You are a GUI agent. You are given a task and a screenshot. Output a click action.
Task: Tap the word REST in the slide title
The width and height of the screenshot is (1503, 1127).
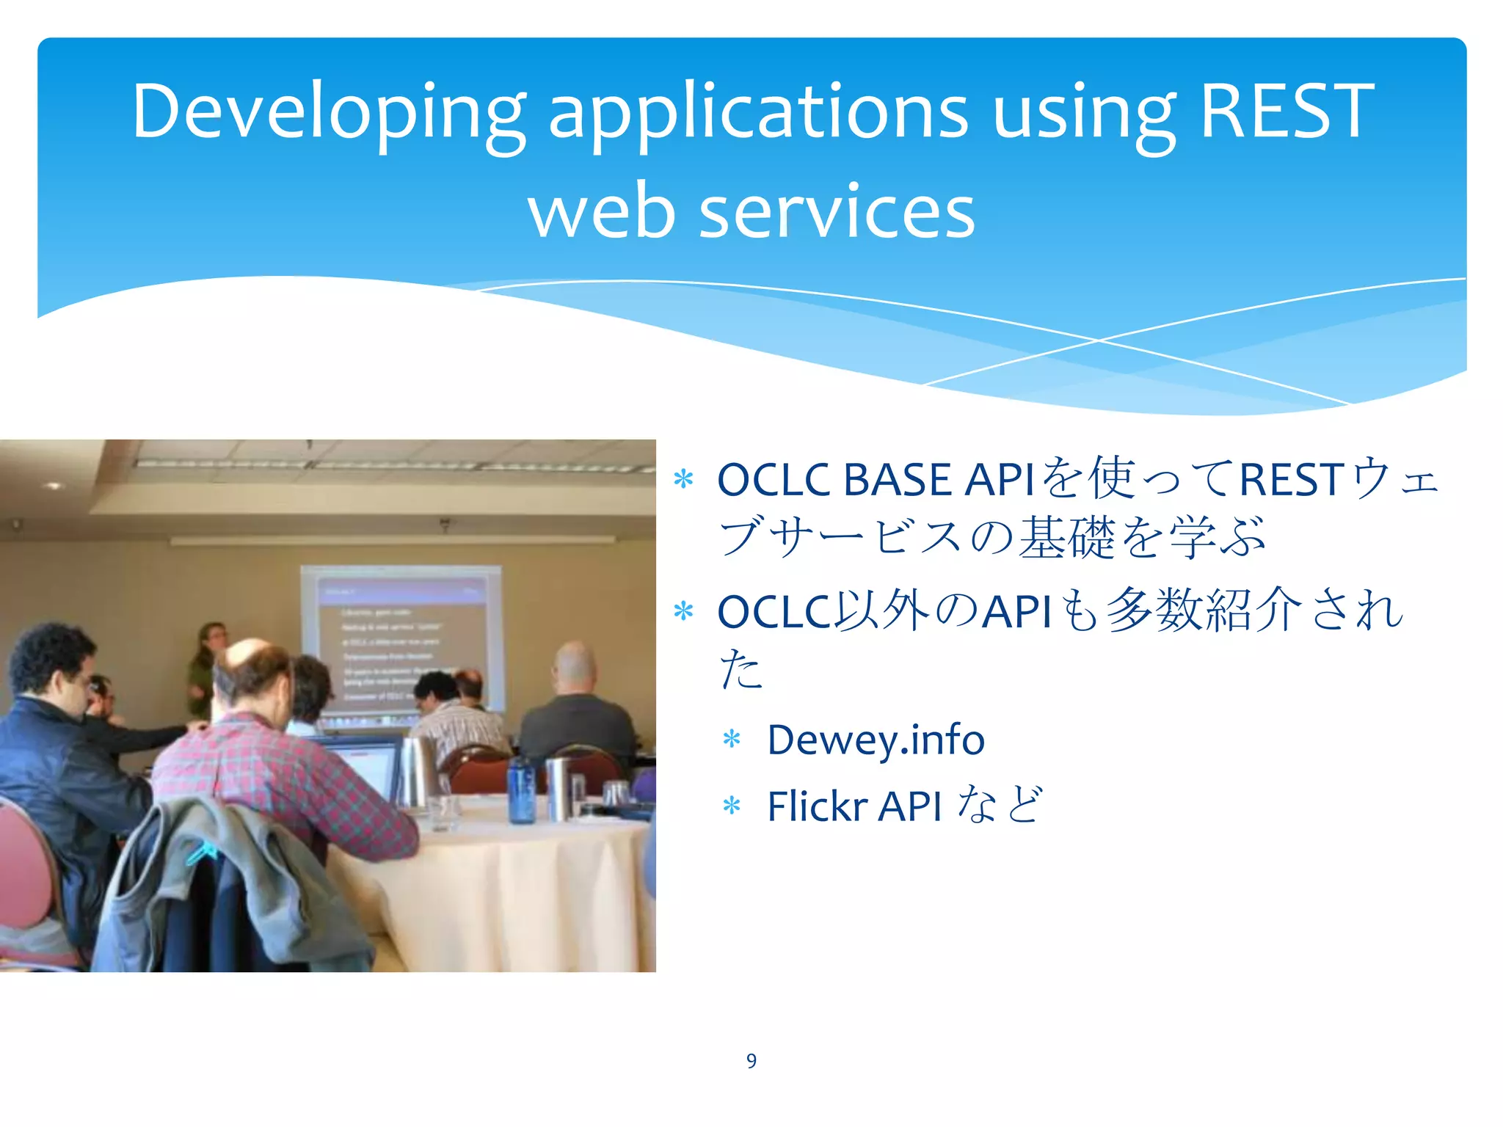(1286, 112)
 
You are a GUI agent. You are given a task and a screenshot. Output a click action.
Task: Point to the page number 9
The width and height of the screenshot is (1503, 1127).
(751, 1060)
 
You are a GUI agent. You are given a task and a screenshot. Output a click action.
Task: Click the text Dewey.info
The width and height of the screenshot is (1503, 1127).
(875, 740)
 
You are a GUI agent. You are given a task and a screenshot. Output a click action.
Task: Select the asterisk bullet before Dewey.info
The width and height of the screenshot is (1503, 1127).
(731, 739)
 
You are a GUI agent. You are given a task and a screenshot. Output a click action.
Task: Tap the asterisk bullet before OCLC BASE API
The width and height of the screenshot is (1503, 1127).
(683, 480)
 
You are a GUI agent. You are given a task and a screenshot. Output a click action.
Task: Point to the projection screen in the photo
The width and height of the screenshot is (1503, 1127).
(402, 638)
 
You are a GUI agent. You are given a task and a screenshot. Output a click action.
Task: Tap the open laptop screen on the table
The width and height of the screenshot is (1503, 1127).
(363, 767)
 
